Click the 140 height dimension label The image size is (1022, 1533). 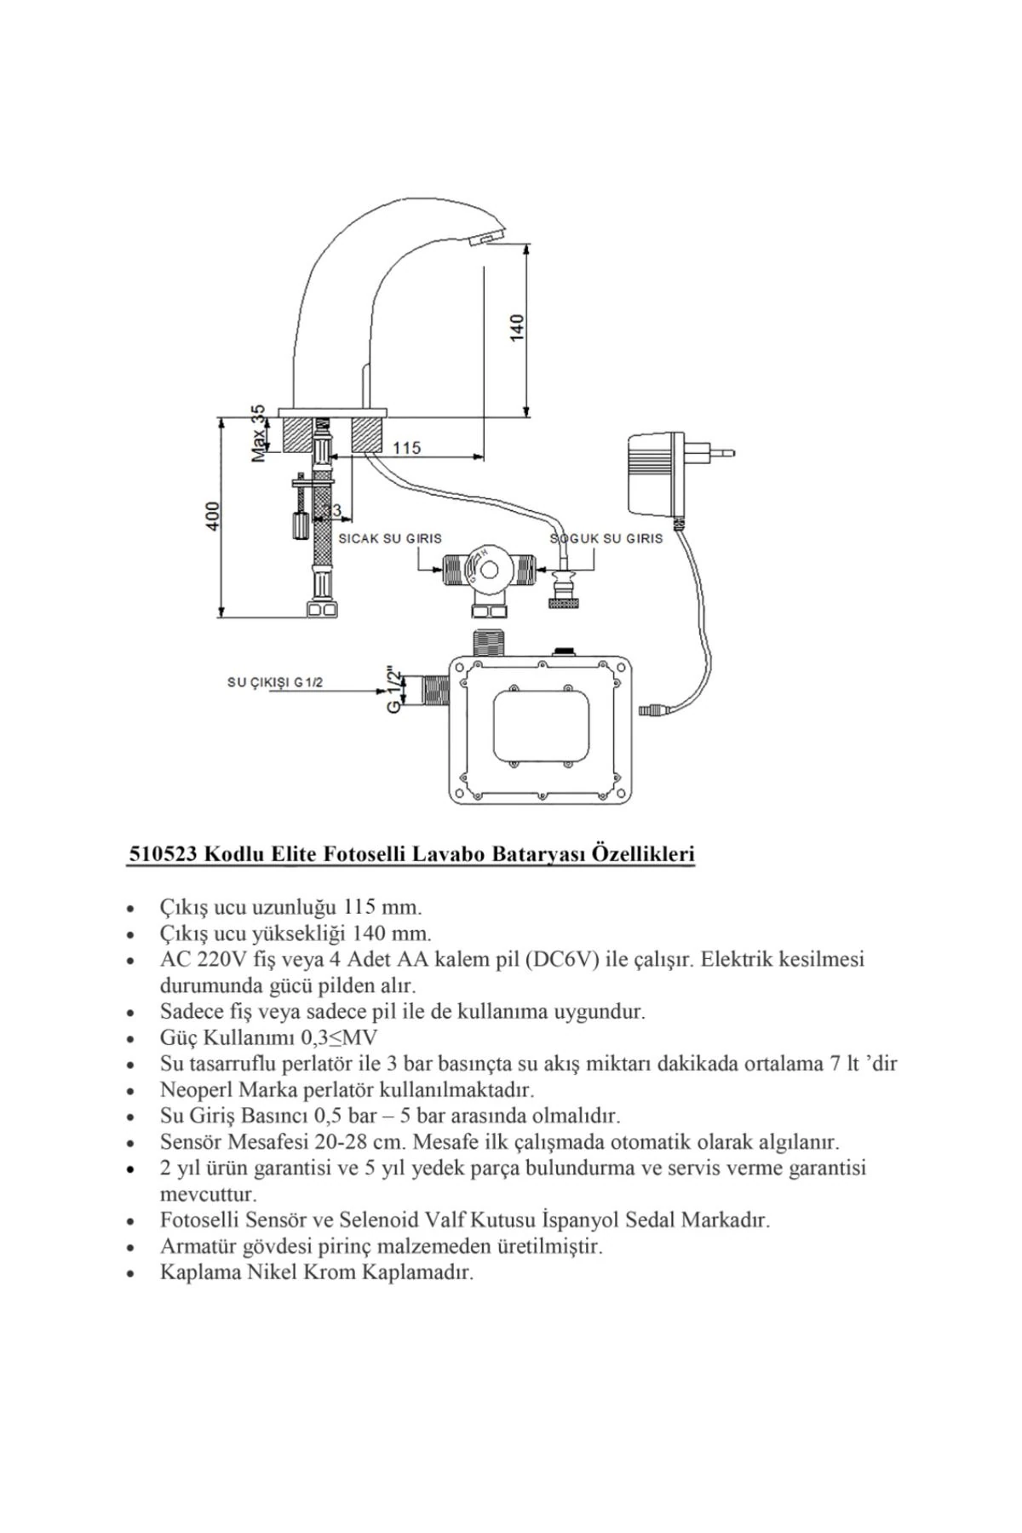click(518, 328)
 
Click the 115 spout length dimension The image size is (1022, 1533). click(406, 447)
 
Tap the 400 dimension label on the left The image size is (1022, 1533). click(213, 515)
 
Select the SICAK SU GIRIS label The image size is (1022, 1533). click(390, 538)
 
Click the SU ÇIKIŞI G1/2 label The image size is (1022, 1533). click(274, 682)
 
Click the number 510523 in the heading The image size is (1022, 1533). click(163, 854)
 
